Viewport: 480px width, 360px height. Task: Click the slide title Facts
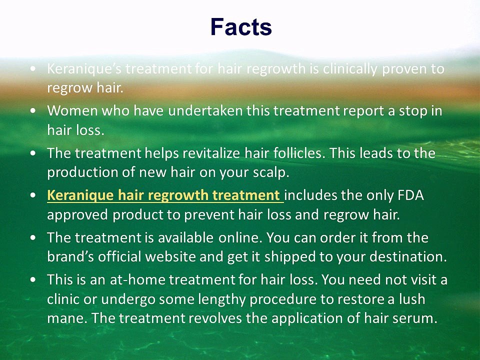tap(241, 27)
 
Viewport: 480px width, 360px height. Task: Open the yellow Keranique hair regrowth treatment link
tap(165, 195)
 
